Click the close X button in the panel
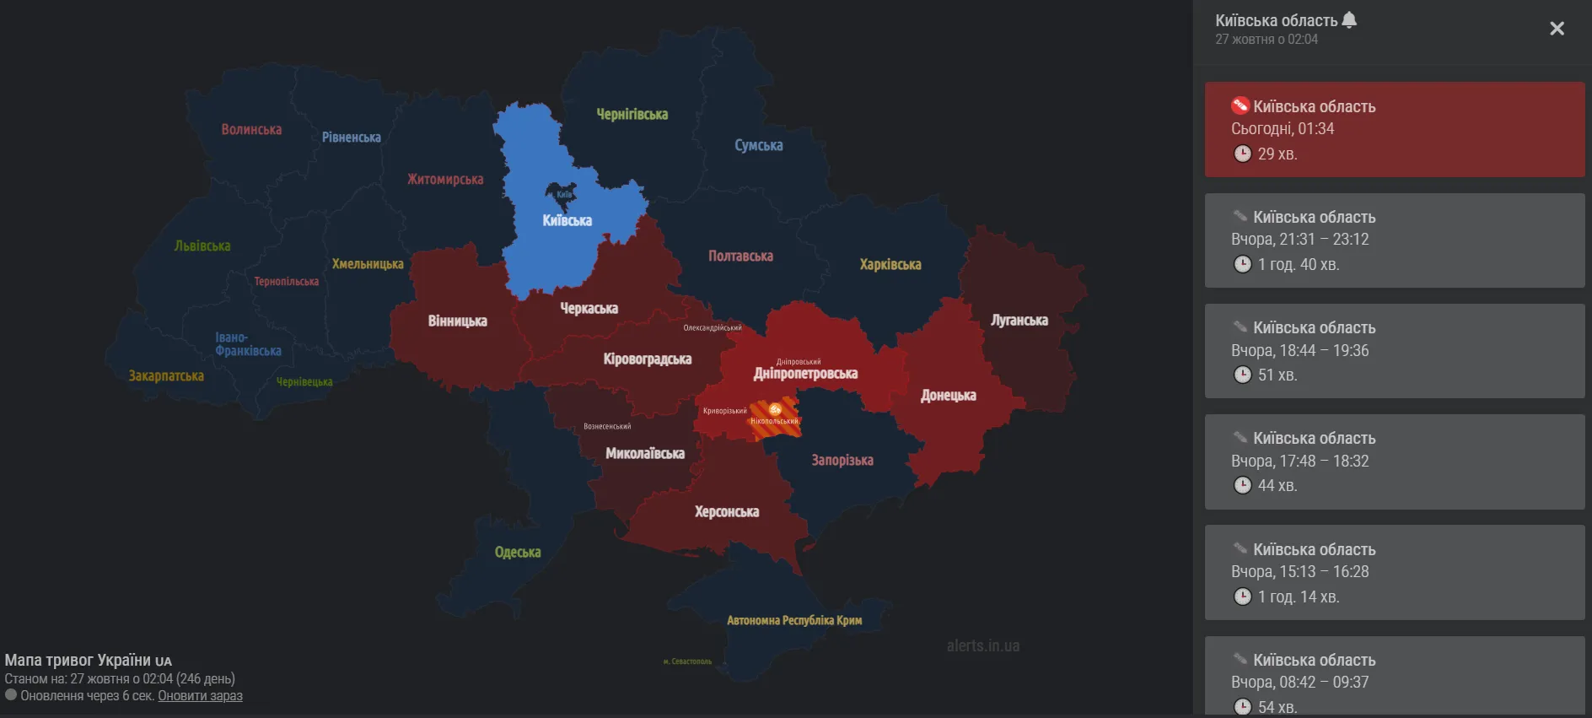coord(1557,29)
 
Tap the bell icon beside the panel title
coord(1349,19)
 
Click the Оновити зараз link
coord(200,696)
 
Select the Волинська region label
coord(251,129)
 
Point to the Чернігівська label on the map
coord(632,114)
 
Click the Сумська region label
coord(758,145)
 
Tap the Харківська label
coord(890,264)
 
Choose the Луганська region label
coord(1019,320)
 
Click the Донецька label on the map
coord(948,395)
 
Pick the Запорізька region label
coord(842,460)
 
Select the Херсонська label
coord(726,511)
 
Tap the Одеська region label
coord(517,552)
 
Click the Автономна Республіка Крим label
coord(793,620)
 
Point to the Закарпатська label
coord(166,375)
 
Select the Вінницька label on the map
coord(457,321)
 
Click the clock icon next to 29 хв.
coord(1242,154)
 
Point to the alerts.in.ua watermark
coord(982,645)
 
